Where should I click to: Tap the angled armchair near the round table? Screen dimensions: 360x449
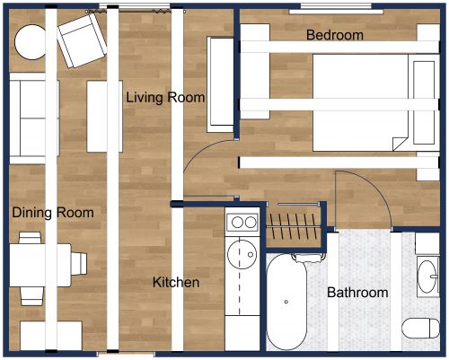(x=82, y=37)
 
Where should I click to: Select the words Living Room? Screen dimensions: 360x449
(x=165, y=97)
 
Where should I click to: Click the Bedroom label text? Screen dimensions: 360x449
(x=334, y=35)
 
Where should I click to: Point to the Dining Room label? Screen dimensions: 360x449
(x=52, y=213)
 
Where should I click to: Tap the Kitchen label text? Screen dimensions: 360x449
(x=175, y=282)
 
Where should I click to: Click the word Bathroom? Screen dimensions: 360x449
(x=357, y=293)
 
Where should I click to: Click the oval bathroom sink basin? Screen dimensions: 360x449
(x=426, y=274)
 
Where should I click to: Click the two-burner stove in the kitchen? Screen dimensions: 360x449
(x=242, y=222)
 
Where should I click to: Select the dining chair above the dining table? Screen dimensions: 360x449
(x=31, y=238)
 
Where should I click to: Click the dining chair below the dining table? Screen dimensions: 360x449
(x=31, y=294)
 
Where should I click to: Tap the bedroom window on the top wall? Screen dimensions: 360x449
(x=337, y=7)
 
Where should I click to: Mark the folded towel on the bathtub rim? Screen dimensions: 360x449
(x=306, y=259)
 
